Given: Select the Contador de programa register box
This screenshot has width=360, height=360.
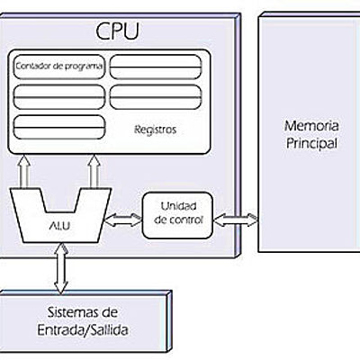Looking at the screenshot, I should point(59,66).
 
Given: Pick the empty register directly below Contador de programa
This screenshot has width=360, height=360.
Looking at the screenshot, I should point(59,94).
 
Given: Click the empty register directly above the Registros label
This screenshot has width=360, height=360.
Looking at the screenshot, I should point(156,94).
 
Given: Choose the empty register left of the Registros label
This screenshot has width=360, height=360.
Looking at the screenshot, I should point(59,122).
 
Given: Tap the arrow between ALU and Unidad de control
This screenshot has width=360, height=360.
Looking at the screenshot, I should point(123,217).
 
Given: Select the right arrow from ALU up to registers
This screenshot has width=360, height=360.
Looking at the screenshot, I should point(94,171).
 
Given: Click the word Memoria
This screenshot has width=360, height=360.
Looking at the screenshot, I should point(307,126).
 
